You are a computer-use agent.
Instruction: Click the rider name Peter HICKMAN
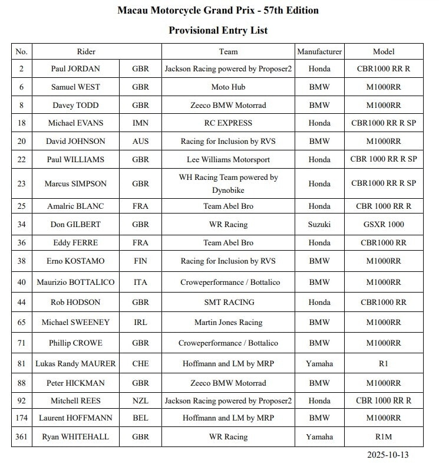75,383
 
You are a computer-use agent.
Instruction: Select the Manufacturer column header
319,51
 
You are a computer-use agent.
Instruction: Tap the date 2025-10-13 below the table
387,455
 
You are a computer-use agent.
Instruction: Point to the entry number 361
22,436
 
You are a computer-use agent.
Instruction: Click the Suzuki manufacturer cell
319,224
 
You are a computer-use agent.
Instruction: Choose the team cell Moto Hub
228,87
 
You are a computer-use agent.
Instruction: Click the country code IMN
141,123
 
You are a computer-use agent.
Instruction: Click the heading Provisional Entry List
219,29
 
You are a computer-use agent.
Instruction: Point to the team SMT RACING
228,302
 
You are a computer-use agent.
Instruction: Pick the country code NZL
141,400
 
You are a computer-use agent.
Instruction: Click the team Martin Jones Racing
228,323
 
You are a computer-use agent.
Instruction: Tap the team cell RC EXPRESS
228,123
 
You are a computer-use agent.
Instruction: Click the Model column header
384,51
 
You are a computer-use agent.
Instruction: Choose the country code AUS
141,141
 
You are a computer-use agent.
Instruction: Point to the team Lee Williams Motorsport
228,159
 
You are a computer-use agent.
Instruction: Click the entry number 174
22,418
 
